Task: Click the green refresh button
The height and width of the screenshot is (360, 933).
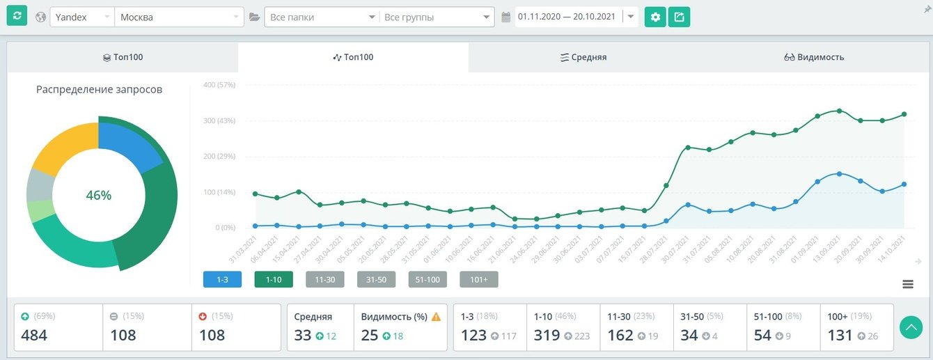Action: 17,16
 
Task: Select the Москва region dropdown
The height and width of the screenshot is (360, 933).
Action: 179,17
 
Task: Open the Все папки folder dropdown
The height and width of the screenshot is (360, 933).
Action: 321,17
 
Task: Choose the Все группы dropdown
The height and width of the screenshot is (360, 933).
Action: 436,17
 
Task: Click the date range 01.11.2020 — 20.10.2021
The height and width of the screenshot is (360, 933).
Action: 567,17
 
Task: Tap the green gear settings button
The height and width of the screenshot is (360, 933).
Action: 655,17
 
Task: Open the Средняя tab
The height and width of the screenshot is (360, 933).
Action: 583,57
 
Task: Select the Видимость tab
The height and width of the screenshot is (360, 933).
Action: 814,57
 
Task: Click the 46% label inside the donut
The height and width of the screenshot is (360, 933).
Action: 98,196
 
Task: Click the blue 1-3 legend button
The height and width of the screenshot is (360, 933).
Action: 222,279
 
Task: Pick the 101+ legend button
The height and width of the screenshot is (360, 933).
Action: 478,279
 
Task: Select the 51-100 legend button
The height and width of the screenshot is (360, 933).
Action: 428,279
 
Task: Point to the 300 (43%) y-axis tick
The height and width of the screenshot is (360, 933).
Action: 219,120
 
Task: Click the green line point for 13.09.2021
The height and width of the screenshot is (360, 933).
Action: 839,111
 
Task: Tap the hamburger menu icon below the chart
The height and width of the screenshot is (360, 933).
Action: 907,283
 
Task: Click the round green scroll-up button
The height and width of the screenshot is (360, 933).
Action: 911,328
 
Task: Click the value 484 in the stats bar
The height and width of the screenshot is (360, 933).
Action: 34,335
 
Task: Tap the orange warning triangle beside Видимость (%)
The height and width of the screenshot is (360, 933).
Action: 436,317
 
